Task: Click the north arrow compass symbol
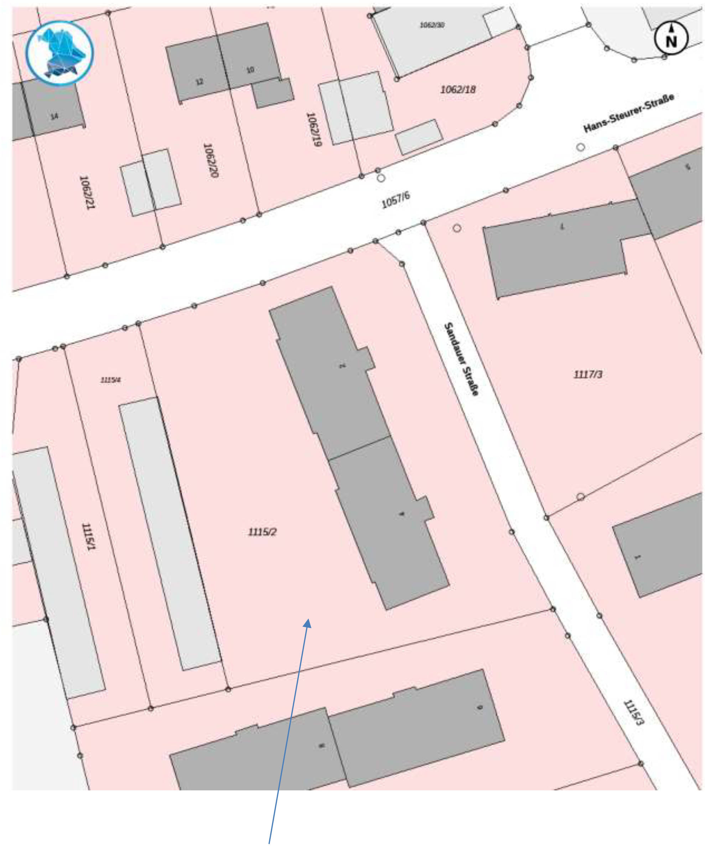click(671, 38)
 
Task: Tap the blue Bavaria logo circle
click(59, 53)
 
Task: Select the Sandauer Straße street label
click(461, 359)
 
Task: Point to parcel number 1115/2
click(262, 532)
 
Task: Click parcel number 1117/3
click(588, 374)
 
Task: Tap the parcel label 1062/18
click(458, 89)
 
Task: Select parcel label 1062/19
click(314, 129)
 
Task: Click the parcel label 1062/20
click(211, 160)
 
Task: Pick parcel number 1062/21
click(87, 192)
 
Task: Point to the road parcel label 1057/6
click(395, 200)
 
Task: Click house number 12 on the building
click(199, 82)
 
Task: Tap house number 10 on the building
click(250, 70)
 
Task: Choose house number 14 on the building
click(54, 117)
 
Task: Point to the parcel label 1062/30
click(432, 25)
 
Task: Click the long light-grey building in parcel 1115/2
click(170, 534)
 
